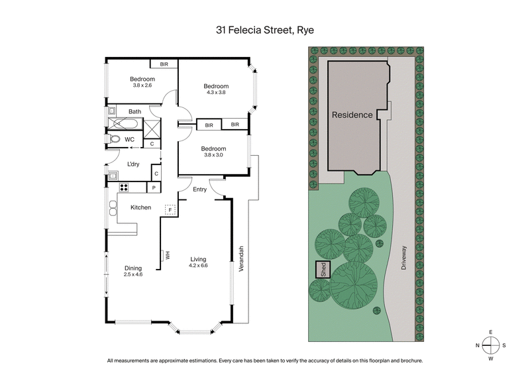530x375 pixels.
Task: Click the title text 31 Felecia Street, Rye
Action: tap(264, 29)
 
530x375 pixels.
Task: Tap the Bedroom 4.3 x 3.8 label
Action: tap(216, 89)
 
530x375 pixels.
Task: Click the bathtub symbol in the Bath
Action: tap(125, 124)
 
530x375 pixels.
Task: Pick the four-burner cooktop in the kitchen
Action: tap(123, 187)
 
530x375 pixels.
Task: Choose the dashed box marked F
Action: tap(170, 209)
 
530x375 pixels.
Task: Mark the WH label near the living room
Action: tap(168, 256)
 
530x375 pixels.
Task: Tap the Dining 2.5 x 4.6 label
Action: tap(133, 270)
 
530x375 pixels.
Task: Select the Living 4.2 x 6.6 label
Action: tap(199, 262)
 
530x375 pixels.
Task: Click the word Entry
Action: tap(200, 189)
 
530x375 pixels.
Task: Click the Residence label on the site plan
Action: tap(352, 114)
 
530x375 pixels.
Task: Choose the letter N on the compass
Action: tap(476, 345)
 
